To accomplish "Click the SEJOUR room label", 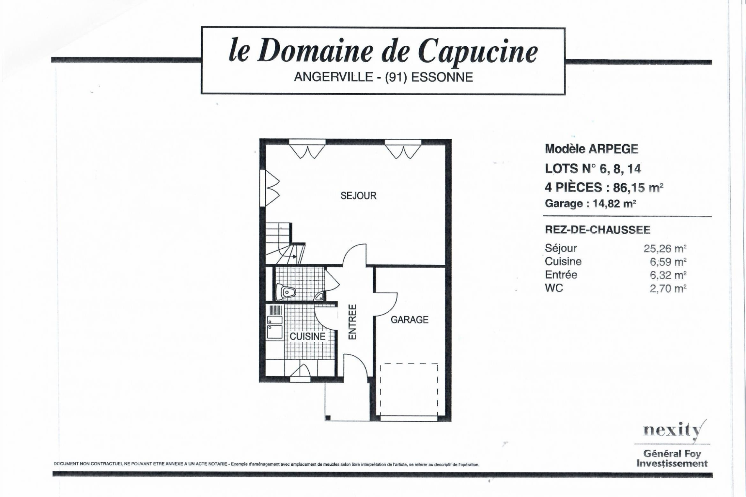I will coord(358,196).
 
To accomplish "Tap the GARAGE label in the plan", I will coord(409,320).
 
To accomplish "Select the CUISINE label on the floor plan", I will coord(307,336).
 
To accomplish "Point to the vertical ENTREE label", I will coord(352,322).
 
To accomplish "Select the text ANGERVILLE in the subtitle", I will coord(333,77).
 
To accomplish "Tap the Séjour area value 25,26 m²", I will coord(665,249).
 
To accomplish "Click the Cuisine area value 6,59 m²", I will coord(668,262).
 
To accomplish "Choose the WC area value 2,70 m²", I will coord(668,289).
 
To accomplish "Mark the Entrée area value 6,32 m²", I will coord(668,275).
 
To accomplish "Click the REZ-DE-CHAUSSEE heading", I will coord(597,230).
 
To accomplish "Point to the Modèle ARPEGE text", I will coord(591,149).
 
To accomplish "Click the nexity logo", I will coord(673,431).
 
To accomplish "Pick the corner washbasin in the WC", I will coord(319,297).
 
